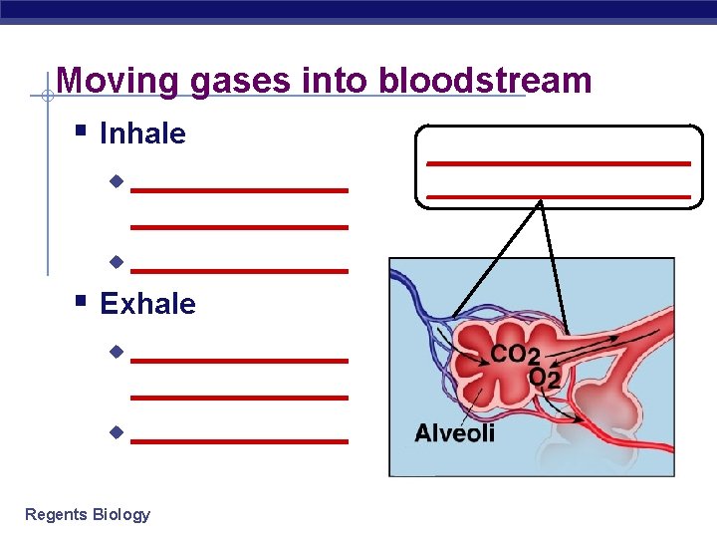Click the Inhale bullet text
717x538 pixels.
(x=142, y=134)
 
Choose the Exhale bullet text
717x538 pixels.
(x=147, y=304)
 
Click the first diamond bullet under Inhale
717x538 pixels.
(x=116, y=181)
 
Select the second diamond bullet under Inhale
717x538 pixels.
(x=116, y=263)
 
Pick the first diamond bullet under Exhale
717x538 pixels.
(x=116, y=352)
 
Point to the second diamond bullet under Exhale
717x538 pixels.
(x=116, y=433)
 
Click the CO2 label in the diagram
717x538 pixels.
(x=515, y=356)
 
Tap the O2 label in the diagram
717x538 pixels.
(x=544, y=379)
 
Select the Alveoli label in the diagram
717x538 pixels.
(x=454, y=433)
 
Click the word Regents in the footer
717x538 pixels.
(x=56, y=515)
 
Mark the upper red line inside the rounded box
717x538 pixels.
(x=558, y=162)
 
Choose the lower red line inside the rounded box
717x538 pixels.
(x=558, y=196)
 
